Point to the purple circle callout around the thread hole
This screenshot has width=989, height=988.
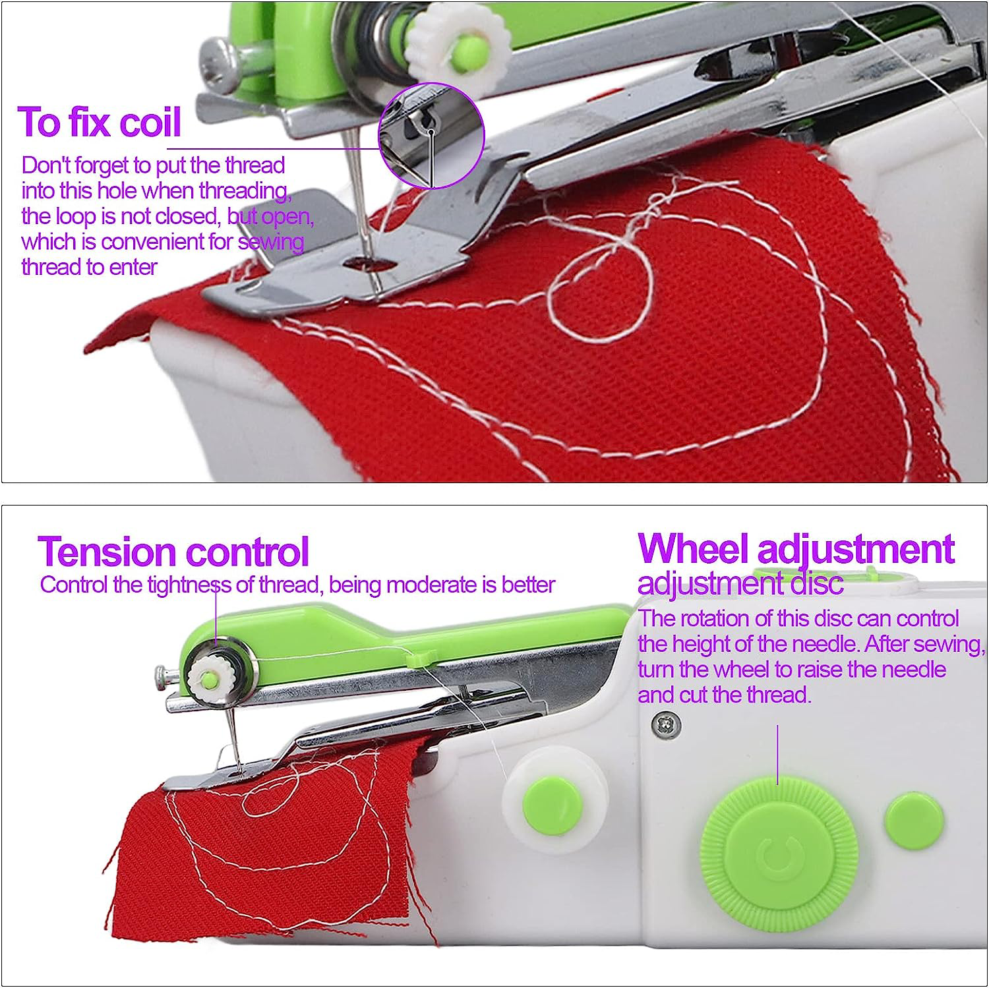coord(431,136)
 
